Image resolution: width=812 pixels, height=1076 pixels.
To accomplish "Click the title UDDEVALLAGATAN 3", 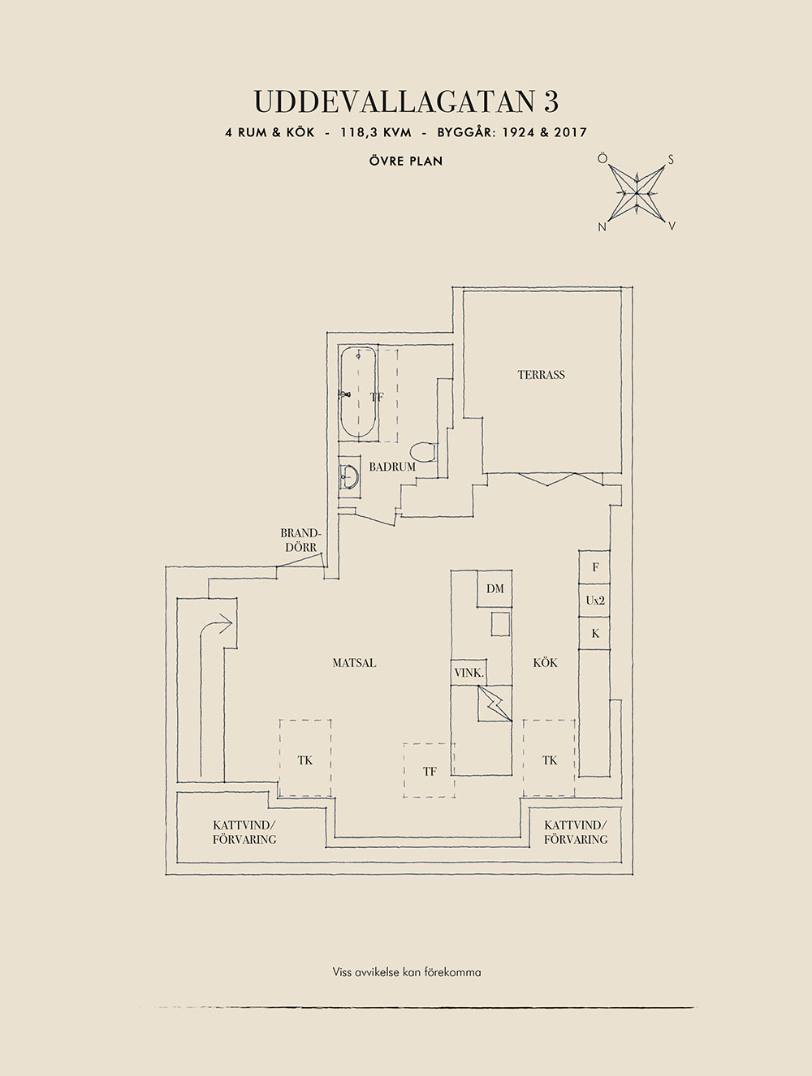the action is (x=407, y=102).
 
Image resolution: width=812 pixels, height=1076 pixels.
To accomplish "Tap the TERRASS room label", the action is (x=542, y=375).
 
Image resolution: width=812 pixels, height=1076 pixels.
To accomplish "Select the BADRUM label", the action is (x=392, y=467).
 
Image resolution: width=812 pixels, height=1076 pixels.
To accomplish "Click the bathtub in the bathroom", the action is (x=358, y=393).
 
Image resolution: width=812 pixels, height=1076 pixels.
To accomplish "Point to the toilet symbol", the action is (x=423, y=451).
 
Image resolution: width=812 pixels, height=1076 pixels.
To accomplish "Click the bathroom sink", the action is (x=349, y=476).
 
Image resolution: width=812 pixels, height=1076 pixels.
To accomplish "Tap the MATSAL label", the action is (x=355, y=663).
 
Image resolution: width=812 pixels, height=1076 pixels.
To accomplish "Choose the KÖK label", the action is (x=545, y=663).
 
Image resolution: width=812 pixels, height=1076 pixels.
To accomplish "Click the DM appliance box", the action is (x=496, y=588).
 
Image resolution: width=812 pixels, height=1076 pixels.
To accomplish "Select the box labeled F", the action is (x=595, y=567).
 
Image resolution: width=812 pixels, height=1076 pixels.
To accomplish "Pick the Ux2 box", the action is (x=595, y=600).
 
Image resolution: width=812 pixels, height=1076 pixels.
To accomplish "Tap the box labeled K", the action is (x=595, y=633).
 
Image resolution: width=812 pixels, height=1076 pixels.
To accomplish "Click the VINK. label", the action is (x=469, y=674).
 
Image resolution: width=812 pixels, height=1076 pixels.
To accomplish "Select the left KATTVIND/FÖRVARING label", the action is (x=244, y=832).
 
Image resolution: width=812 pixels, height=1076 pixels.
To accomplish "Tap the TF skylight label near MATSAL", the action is (x=430, y=772).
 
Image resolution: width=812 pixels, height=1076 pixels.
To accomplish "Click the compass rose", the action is (x=636, y=193).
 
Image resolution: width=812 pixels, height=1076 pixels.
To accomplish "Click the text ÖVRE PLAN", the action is (x=406, y=161).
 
